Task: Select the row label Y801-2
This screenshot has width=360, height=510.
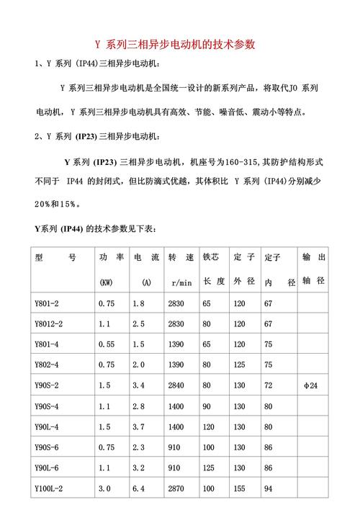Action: tap(48, 304)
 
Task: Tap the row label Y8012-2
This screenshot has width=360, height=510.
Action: tap(50, 324)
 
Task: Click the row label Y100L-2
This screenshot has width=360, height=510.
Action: tap(50, 488)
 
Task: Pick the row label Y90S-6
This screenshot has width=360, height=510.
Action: tap(48, 447)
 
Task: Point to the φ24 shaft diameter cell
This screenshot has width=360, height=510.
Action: tap(311, 386)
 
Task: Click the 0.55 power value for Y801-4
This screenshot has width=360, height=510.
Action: tap(107, 345)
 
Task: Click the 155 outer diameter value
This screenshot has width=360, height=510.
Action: tap(240, 488)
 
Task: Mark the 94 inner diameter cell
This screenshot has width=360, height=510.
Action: tap(269, 488)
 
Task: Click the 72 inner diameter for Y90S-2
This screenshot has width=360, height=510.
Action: tap(269, 386)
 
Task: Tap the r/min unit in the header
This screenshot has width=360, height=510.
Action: tap(180, 282)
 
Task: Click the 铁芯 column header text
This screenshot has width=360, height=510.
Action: tap(211, 257)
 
